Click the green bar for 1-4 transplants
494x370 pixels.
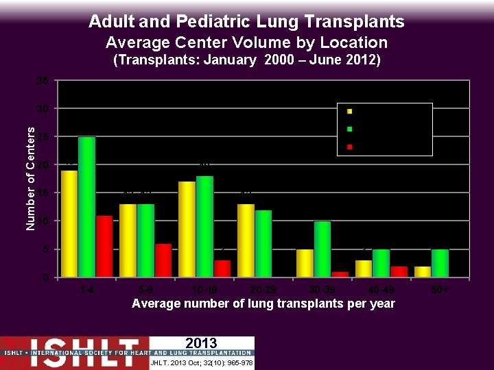[x=86, y=207]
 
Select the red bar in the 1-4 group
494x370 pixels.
[x=104, y=246]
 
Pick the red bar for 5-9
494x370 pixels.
[x=163, y=260]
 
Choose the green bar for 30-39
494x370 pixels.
[x=322, y=249]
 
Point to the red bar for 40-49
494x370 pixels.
[x=399, y=271]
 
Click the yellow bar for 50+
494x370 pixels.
[x=423, y=271]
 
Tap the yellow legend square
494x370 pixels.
[x=349, y=111]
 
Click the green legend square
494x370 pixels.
[x=349, y=128]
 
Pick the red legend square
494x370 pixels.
[x=349, y=146]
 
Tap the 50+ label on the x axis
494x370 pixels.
[x=440, y=290]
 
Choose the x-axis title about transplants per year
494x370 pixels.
[x=263, y=304]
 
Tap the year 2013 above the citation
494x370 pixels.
[x=201, y=343]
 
